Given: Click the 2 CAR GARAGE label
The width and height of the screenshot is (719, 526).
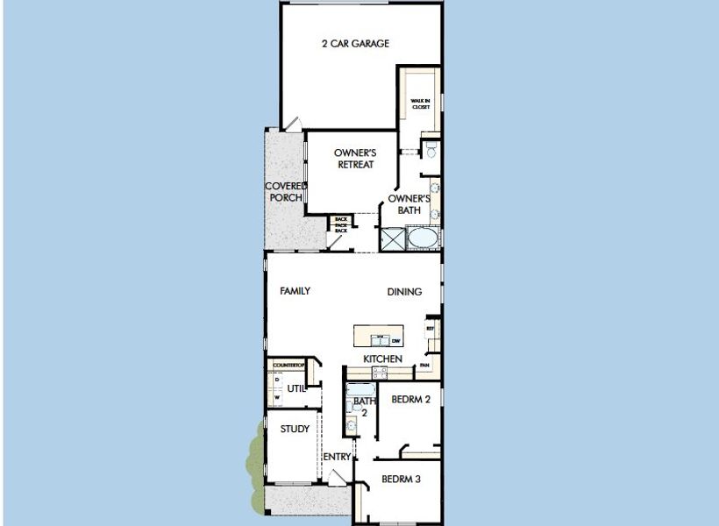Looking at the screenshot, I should point(354,43).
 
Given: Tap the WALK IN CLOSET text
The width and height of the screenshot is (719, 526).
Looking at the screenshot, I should point(420,104).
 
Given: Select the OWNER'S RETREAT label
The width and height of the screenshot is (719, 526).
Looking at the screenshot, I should point(354,159).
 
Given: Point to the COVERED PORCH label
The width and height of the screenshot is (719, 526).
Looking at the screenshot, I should point(285,192).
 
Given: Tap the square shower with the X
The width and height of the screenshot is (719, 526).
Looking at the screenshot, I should point(394,238).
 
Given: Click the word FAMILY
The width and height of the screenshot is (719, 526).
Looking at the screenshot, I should point(295,291).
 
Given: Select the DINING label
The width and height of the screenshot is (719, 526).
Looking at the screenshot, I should point(404,292).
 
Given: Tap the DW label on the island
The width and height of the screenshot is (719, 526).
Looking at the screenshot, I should point(396,340).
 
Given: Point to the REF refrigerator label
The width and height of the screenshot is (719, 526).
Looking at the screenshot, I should point(431,329).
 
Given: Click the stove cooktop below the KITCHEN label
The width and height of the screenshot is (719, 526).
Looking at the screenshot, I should point(379,373).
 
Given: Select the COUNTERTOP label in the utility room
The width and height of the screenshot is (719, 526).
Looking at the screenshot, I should point(288,365).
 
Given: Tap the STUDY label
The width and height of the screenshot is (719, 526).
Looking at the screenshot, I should point(295,429).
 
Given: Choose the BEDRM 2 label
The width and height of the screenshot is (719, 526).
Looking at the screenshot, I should point(410,400).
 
